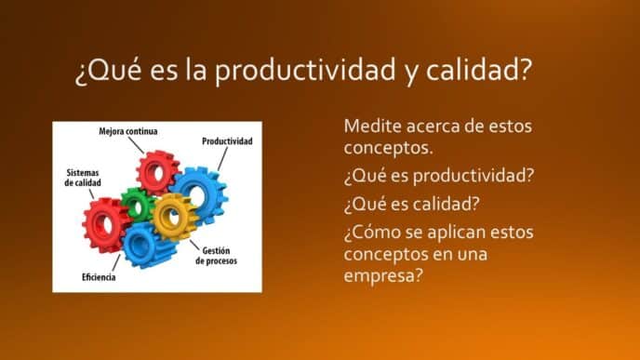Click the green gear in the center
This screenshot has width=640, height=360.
tap(138, 204)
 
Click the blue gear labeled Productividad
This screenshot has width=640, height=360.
tap(201, 191)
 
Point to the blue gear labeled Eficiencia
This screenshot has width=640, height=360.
tap(141, 245)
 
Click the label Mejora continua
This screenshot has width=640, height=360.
tap(127, 132)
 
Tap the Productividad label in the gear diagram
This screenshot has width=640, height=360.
tap(227, 141)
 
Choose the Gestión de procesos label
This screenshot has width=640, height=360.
tap(216, 256)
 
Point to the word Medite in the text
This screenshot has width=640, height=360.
tap(371, 126)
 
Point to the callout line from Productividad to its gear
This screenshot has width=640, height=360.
tap(220, 158)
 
